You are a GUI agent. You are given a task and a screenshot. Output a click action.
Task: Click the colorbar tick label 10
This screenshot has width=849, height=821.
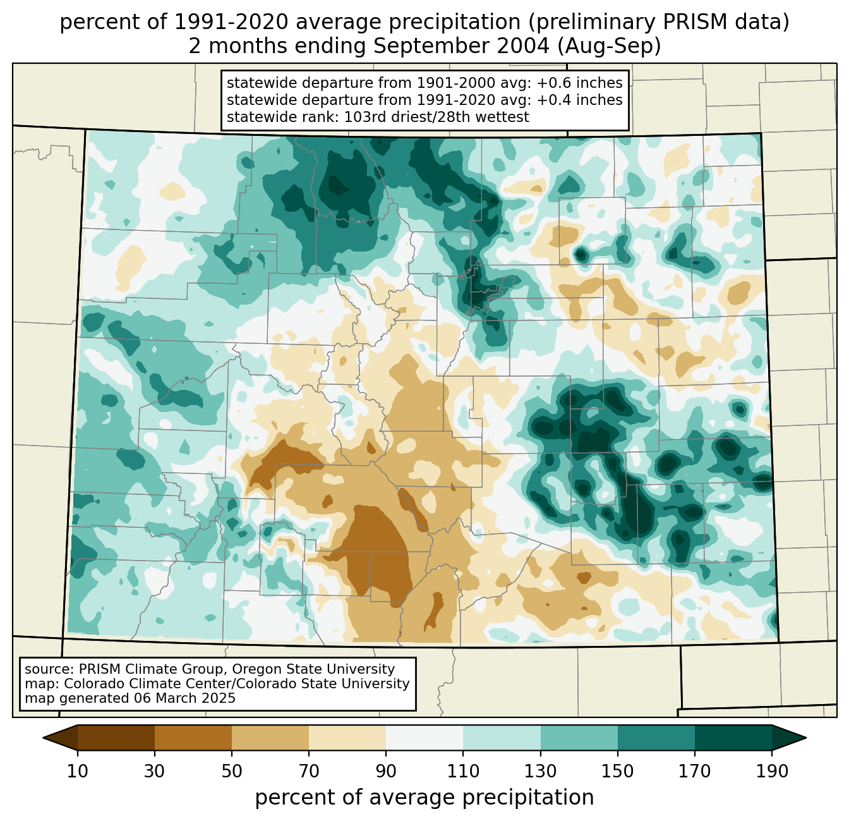[x=78, y=771]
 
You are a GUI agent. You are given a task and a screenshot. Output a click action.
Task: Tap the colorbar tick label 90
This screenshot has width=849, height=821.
[x=386, y=771]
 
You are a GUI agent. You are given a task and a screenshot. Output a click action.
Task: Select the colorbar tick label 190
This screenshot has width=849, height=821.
[x=771, y=771]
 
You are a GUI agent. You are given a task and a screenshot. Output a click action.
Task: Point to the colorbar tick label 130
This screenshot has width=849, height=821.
[x=540, y=771]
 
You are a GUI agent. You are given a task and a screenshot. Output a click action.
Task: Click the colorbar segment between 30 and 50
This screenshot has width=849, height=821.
[x=193, y=738]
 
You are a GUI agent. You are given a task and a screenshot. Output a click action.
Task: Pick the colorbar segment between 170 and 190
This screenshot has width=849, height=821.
[x=733, y=738]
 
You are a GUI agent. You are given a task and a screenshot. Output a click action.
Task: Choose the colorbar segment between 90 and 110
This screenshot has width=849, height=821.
[x=424, y=738]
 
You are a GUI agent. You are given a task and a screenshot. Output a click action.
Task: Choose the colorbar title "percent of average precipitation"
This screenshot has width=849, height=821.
[x=424, y=798]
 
